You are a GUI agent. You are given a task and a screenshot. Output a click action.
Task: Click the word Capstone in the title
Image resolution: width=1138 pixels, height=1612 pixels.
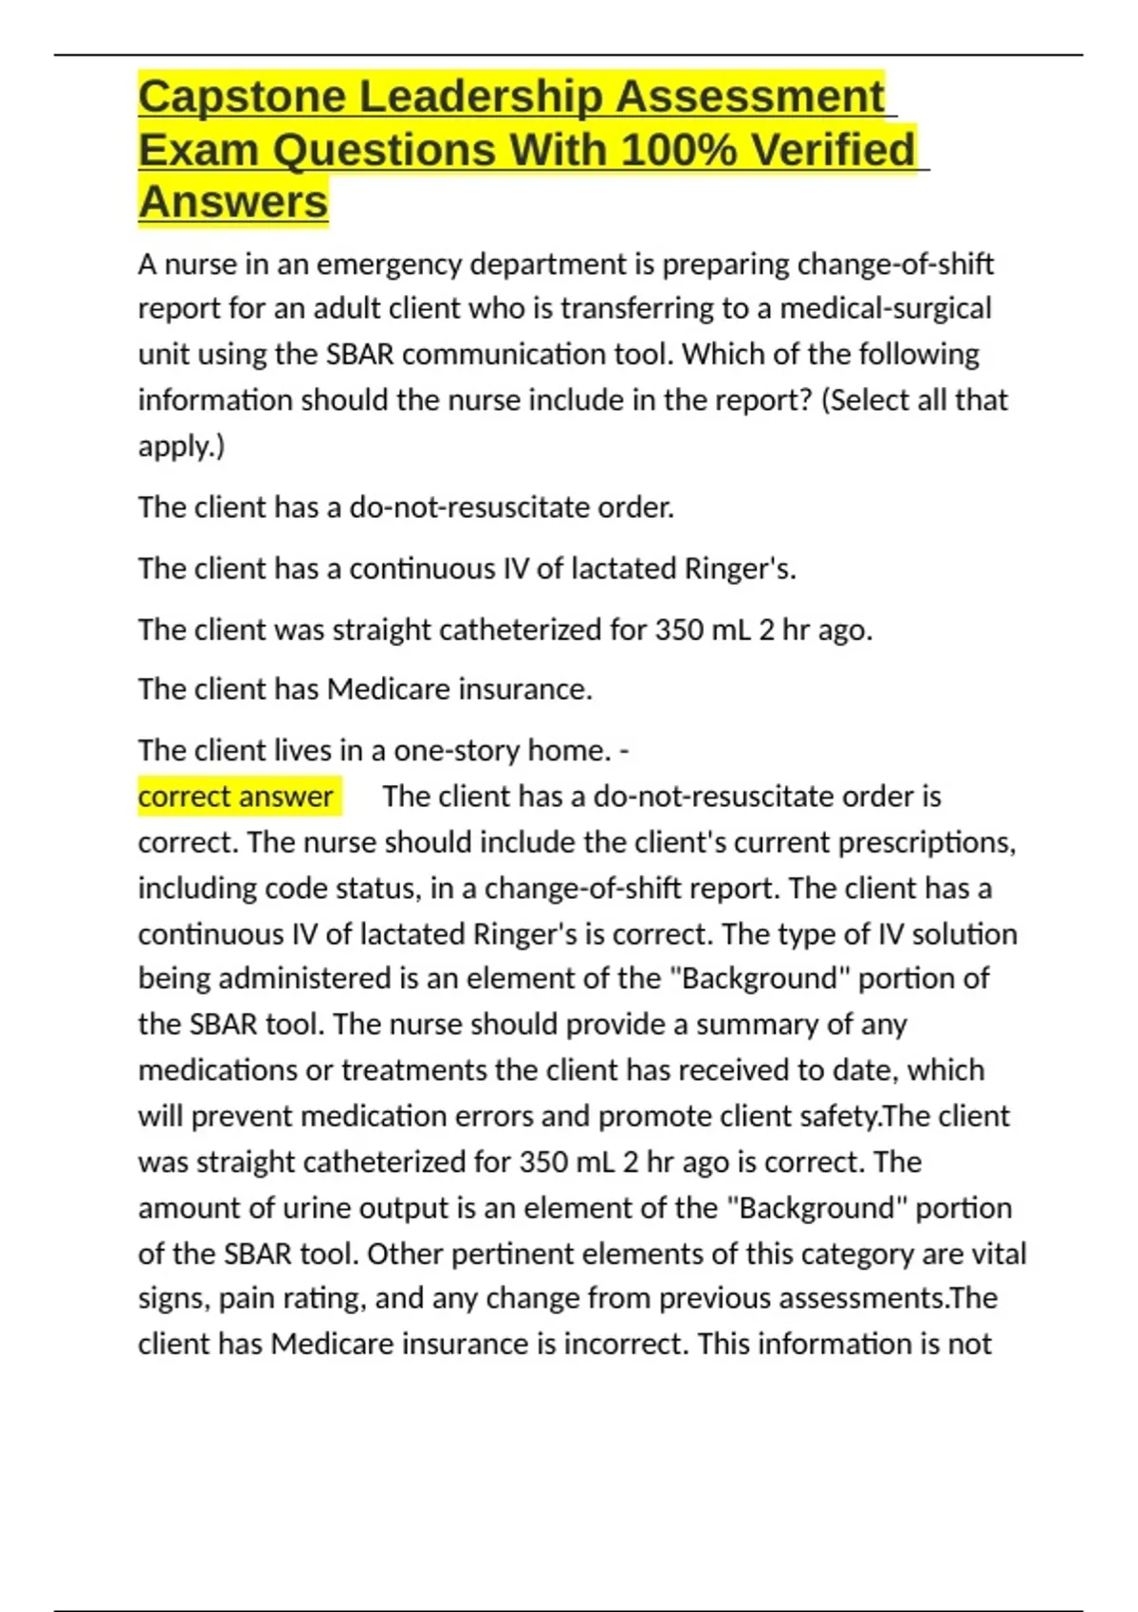click(241, 97)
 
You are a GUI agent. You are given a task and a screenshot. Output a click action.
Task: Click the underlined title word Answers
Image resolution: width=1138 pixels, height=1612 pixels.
click(233, 202)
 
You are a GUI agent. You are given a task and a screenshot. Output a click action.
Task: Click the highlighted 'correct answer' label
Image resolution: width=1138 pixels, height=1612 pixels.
click(235, 797)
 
